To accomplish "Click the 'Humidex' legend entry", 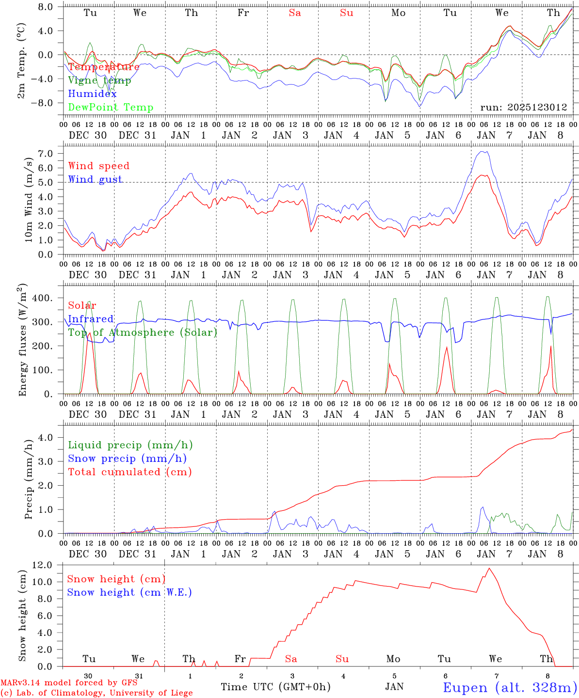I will tap(92, 94).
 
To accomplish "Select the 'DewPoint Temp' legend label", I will tap(111, 108).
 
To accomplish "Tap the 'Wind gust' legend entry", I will tap(95, 179).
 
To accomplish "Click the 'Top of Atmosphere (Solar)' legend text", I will tap(142, 333).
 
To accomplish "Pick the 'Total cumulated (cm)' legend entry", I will tap(129, 472).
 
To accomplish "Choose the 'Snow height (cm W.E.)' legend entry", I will tap(129, 592).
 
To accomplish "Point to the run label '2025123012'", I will tap(524, 107).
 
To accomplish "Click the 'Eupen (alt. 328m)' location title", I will tap(510, 687).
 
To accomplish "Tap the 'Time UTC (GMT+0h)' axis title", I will tap(275, 687).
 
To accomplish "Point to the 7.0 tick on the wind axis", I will tap(48, 153).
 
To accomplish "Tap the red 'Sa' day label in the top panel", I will tap(295, 13).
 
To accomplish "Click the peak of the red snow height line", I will tap(489, 568).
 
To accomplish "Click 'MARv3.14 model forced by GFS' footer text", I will tap(68, 683).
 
